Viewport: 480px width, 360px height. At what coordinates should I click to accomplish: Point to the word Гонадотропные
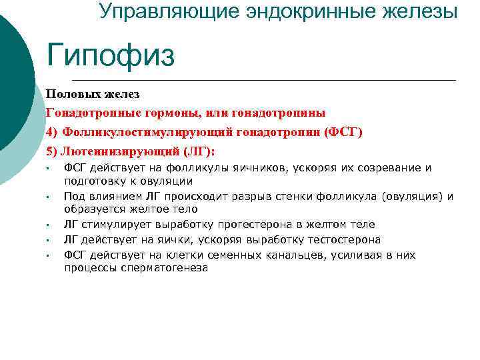tap(89, 113)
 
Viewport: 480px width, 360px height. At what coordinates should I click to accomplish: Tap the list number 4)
tap(53, 132)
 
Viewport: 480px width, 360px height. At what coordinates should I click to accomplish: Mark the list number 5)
tap(53, 151)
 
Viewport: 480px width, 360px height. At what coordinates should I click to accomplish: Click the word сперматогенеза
tap(165, 268)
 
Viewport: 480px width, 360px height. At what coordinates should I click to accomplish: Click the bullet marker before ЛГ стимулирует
tap(49, 225)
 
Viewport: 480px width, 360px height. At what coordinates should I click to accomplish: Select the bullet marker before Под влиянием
tap(49, 197)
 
